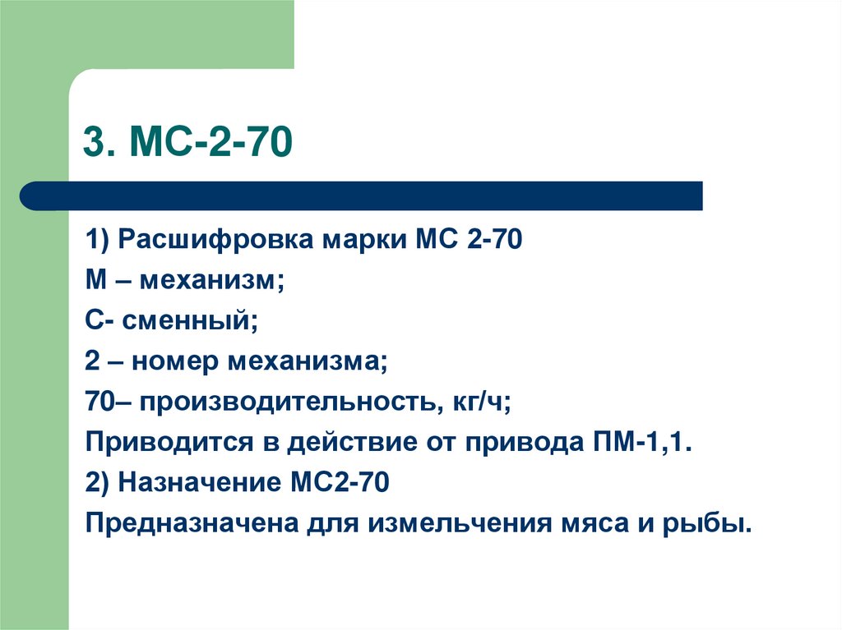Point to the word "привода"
pyautogui.click(x=526, y=442)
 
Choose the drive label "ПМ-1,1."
pyautogui.click(x=639, y=441)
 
